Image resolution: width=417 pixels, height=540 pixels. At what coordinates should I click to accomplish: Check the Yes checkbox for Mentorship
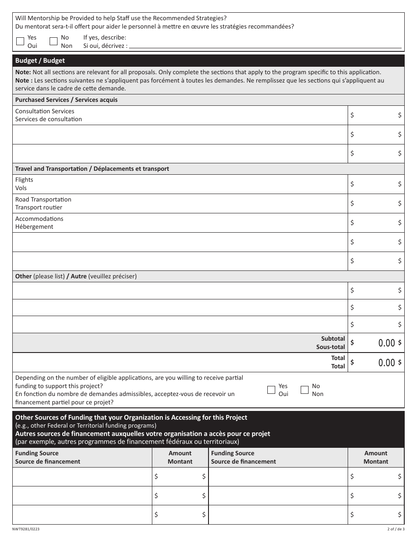tap(20, 42)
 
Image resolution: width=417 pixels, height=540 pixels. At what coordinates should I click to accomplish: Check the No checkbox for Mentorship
tap(54, 42)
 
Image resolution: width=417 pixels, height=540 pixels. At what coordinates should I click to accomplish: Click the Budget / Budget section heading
tap(40, 61)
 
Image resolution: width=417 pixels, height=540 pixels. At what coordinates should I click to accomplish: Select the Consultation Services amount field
tap(376, 115)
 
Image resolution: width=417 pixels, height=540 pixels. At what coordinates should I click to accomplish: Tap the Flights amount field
tap(376, 184)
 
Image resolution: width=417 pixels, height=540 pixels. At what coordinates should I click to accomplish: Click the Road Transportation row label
tap(43, 203)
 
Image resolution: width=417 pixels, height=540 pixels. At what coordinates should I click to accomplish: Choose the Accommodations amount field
tap(376, 223)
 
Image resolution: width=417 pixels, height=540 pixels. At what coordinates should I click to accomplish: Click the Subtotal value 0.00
tap(386, 343)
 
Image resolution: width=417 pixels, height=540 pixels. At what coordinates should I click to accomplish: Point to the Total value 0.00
tap(386, 363)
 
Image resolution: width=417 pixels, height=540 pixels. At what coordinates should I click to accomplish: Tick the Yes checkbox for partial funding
tap(271, 390)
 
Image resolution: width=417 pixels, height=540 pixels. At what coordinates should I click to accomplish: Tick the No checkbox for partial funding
tap(305, 390)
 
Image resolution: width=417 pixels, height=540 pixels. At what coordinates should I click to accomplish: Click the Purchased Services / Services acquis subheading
tap(66, 100)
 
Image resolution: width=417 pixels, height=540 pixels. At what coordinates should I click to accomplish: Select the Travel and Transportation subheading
tap(92, 169)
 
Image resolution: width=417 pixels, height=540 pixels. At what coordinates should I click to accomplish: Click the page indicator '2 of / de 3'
tap(395, 529)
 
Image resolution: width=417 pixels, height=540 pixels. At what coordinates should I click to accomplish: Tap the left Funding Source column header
tap(48, 457)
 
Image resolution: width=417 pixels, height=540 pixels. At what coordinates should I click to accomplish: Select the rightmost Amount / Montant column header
tap(376, 457)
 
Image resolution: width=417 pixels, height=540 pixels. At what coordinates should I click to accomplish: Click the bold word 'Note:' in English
tap(23, 72)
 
